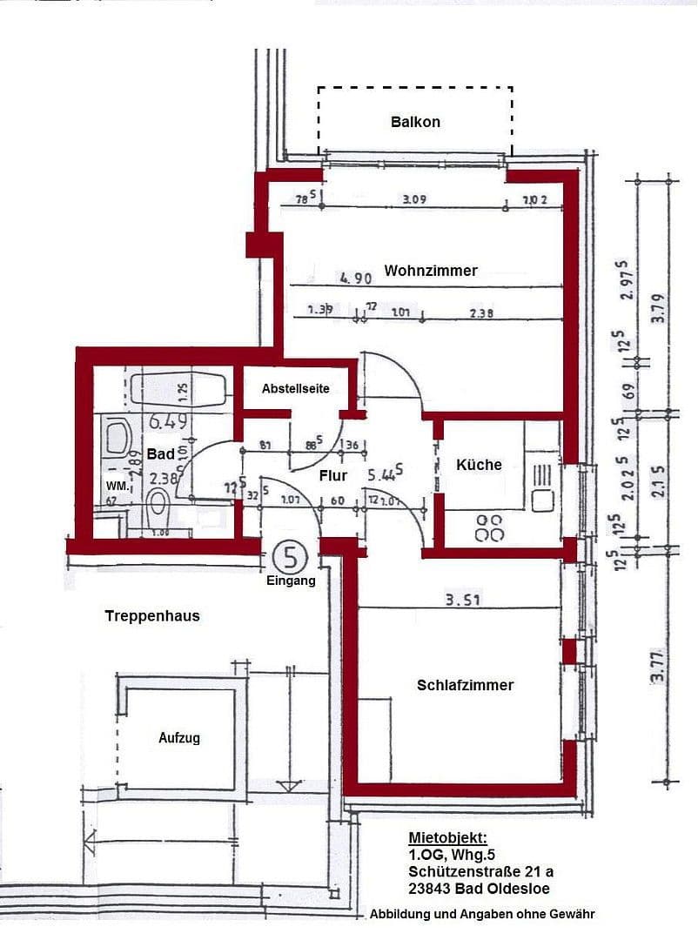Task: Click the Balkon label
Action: point(415,122)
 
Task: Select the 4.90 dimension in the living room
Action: point(356,279)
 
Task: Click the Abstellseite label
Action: point(296,388)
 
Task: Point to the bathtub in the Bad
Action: point(178,389)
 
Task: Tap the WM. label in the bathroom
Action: point(117,485)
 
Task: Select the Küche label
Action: point(479,465)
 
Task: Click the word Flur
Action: point(333,476)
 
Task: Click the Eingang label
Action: point(291,580)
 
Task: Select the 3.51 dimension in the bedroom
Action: point(464,599)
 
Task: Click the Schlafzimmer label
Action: point(464,685)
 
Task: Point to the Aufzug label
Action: point(179,738)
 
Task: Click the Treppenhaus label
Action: point(152,615)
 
